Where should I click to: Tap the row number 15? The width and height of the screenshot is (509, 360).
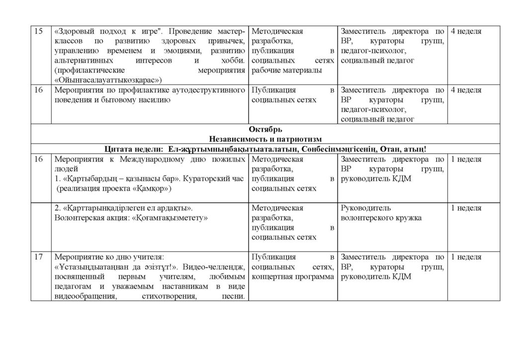[x=38, y=32]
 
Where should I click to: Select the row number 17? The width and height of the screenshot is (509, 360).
[x=38, y=257]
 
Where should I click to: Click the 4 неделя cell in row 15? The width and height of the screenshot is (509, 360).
[x=466, y=32]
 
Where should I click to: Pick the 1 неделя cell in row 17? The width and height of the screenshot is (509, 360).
[x=466, y=257]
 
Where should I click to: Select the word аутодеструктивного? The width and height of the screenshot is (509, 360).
[x=208, y=90]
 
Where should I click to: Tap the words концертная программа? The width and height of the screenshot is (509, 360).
[x=293, y=276]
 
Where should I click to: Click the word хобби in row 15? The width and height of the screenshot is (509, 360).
[x=234, y=61]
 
